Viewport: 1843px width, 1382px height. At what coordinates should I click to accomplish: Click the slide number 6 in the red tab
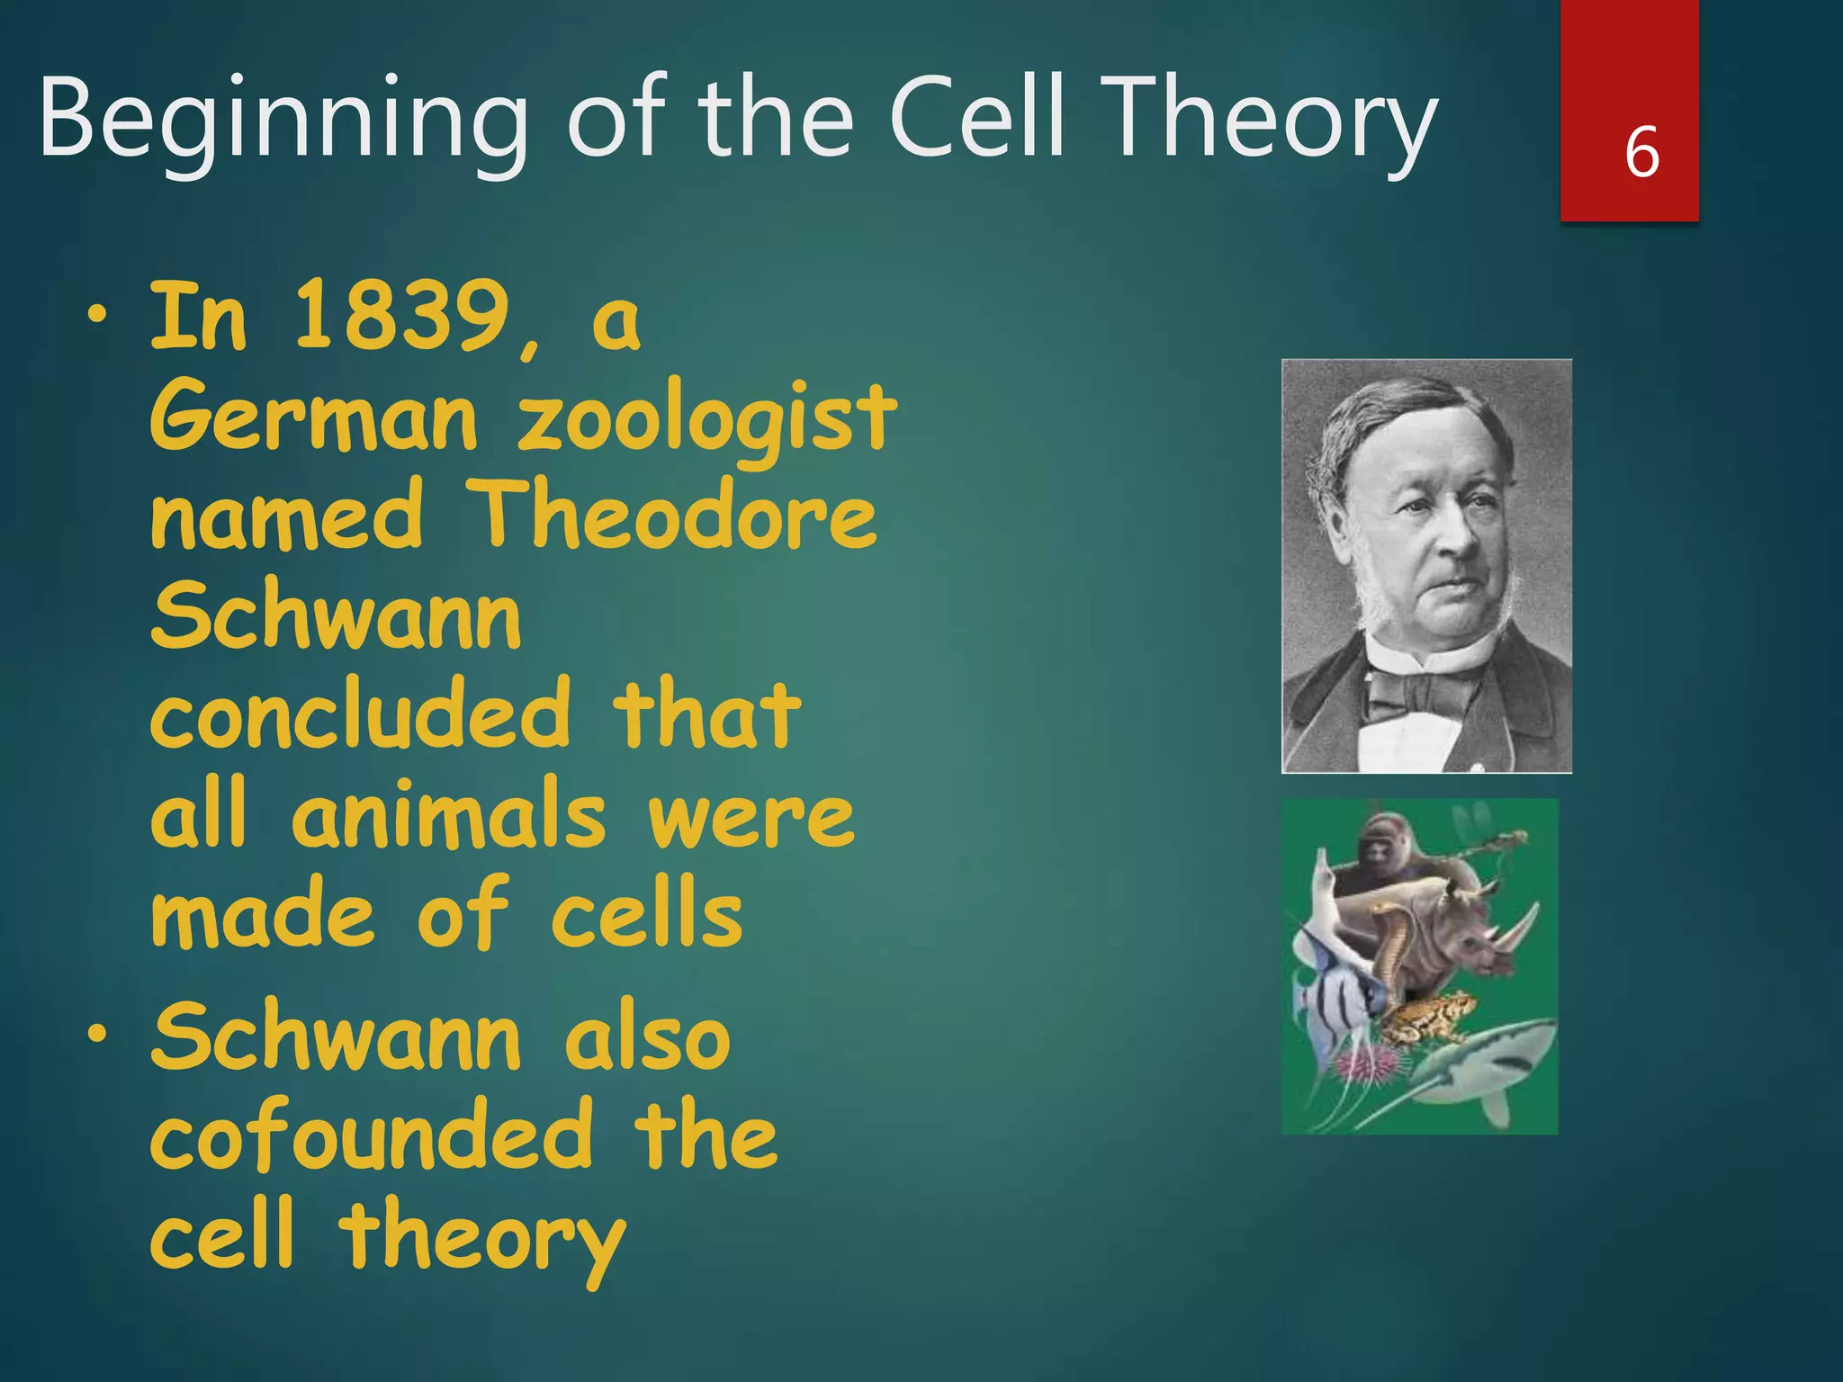[x=1641, y=152]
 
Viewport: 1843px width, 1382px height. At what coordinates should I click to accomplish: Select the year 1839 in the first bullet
[x=400, y=317]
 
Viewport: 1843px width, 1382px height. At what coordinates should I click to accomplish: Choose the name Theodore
[x=673, y=515]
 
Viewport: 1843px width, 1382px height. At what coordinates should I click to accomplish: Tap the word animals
[x=448, y=814]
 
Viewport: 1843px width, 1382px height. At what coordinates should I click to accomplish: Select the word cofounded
[x=372, y=1135]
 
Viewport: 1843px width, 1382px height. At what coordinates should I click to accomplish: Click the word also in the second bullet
[x=646, y=1039]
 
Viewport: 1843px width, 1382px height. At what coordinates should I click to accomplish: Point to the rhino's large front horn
[x=1521, y=927]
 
